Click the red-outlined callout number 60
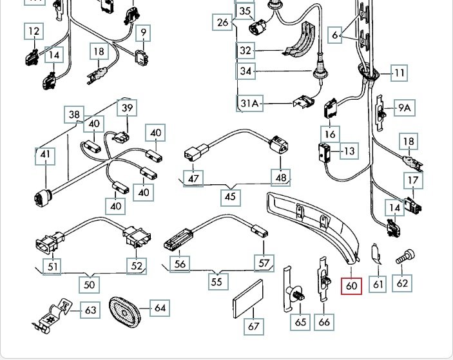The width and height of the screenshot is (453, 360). tap(351, 285)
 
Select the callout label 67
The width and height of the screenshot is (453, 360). tap(254, 326)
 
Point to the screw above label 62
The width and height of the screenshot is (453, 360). tap(404, 257)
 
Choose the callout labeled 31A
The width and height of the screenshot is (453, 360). tap(251, 103)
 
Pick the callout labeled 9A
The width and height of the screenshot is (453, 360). tap(404, 108)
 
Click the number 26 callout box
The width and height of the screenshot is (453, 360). tap(223, 23)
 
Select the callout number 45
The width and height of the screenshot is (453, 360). tap(231, 195)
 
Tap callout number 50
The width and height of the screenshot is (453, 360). tap(90, 283)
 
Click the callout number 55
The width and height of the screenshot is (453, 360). tap(217, 281)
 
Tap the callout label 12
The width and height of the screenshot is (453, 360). tap(34, 31)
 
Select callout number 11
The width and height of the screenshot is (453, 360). tap(400, 72)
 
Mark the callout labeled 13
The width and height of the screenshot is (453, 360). tap(349, 151)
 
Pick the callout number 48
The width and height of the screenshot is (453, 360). tap(281, 177)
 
